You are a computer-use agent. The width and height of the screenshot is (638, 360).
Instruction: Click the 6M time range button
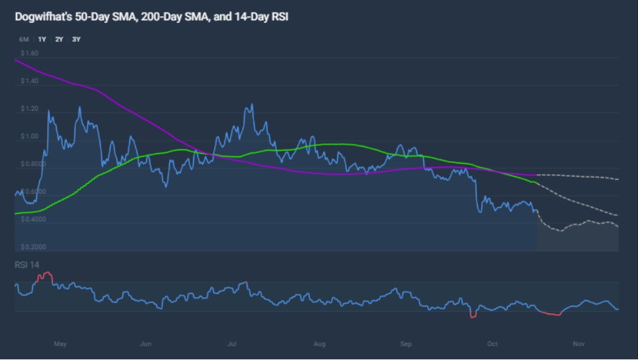(x=25, y=39)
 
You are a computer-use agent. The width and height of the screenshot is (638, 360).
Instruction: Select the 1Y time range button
(x=42, y=39)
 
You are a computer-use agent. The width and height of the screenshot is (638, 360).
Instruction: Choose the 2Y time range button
(x=59, y=39)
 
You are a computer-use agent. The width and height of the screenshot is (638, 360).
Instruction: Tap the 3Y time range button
(x=76, y=39)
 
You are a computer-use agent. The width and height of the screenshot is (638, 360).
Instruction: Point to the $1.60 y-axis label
(x=29, y=53)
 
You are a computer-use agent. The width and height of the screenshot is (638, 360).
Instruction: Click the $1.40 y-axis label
(x=29, y=81)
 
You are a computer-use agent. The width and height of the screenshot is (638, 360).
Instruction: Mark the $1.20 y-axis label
(x=29, y=109)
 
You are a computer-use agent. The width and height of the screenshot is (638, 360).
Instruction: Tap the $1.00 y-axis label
(x=29, y=137)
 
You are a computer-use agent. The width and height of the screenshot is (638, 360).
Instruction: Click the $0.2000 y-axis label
(x=33, y=247)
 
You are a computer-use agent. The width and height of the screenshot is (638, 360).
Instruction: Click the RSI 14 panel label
(x=27, y=264)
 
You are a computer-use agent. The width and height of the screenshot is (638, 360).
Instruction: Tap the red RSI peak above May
(x=45, y=273)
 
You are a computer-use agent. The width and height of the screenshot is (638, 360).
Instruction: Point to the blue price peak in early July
(x=251, y=105)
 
